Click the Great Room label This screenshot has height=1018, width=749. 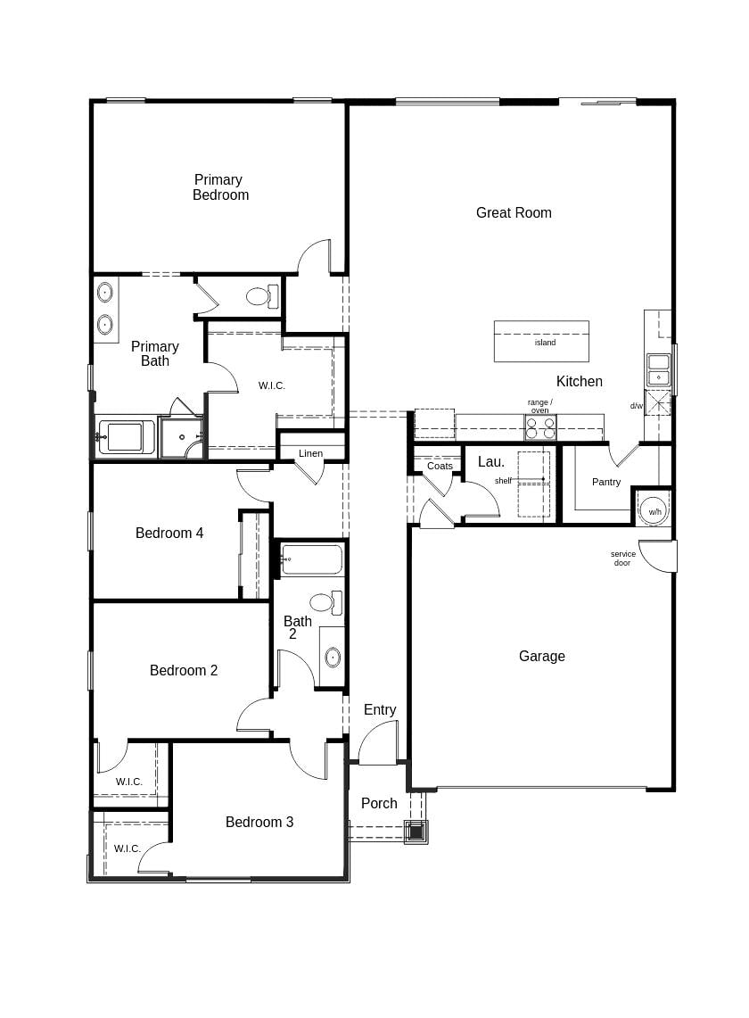point(514,213)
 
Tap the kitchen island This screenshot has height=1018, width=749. point(541,341)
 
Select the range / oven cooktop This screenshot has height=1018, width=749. point(540,428)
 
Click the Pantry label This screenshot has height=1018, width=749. point(606,482)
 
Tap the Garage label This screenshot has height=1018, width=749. point(542,657)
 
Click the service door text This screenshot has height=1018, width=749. point(622,559)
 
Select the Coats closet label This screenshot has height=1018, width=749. point(440,466)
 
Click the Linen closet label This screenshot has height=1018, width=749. point(310,453)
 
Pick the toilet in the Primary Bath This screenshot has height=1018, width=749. point(262,297)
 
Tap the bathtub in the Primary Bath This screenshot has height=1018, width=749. point(126,437)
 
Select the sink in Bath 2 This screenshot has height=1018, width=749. point(333,657)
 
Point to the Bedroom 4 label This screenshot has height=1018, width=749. point(169,533)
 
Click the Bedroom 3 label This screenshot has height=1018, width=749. point(259,822)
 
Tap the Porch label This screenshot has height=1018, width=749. point(379,803)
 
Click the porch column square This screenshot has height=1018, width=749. point(416,832)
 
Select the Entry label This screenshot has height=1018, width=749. point(380,709)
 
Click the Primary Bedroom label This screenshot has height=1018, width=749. point(220,187)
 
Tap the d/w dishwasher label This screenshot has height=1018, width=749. point(636,407)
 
